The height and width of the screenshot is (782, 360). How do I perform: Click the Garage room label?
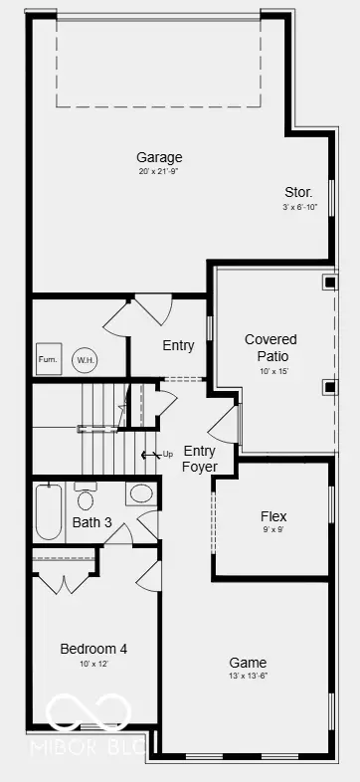point(160,157)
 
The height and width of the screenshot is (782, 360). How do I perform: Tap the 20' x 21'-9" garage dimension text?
point(160,172)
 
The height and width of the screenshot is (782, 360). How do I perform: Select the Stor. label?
point(298,192)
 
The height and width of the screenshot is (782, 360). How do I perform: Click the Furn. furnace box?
point(48,359)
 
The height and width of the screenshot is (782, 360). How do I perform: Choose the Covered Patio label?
point(270,347)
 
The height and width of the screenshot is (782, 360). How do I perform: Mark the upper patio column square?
point(329,282)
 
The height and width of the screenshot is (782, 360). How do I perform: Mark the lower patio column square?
point(329,386)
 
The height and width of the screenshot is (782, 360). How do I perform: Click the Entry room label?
point(178,345)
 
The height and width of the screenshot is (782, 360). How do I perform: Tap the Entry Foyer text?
point(199,459)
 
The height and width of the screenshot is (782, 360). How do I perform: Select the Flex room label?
point(273,516)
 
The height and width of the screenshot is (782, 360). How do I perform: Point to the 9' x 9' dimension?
point(273,530)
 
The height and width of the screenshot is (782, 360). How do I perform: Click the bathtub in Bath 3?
point(48,511)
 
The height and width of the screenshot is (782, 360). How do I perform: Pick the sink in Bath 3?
point(141,492)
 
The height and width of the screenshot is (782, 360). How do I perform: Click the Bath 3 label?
point(92,522)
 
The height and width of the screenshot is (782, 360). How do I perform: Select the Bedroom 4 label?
point(93,649)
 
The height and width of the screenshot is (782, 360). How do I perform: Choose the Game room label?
point(248,663)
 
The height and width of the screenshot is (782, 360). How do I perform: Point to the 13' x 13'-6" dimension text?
point(248,678)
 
